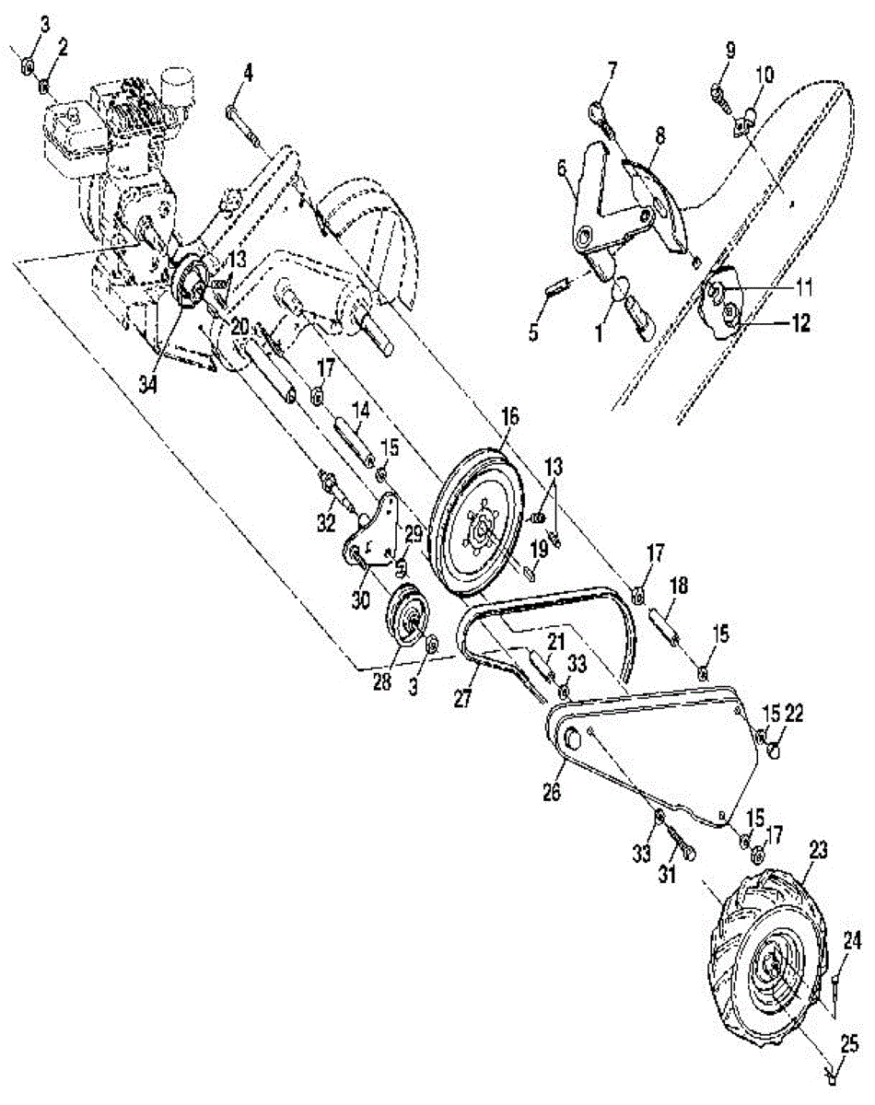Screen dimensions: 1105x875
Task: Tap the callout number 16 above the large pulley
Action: point(510,417)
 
